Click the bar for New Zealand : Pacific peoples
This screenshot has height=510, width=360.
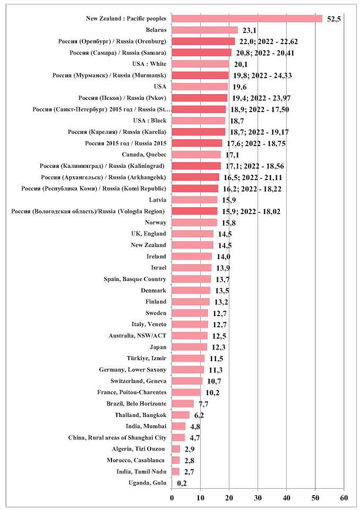(247, 19)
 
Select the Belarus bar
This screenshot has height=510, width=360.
(204, 30)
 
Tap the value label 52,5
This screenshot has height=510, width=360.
(333, 20)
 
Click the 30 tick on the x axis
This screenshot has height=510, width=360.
(258, 497)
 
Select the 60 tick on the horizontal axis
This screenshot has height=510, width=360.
(344, 497)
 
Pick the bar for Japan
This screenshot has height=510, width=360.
(190, 347)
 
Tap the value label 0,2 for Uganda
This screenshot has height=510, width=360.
(182, 483)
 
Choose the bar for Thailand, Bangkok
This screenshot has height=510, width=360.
(181, 415)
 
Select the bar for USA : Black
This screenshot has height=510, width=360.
(199, 121)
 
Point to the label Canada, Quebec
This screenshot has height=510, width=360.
(144, 155)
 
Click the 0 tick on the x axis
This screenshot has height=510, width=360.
(172, 497)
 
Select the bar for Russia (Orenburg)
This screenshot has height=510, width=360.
(203, 41)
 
